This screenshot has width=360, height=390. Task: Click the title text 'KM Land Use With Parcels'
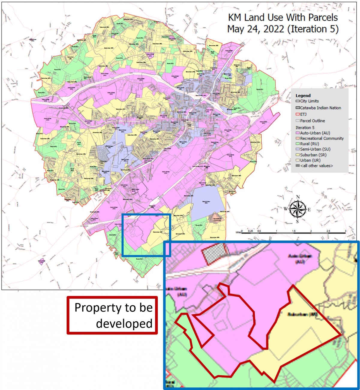pyautogui.click(x=283, y=17)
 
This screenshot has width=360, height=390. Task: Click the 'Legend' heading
pyautogui.click(x=303, y=95)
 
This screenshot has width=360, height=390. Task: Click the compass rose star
pyautogui.click(x=298, y=209)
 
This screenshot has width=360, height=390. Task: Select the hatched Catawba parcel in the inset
pyautogui.click(x=215, y=253)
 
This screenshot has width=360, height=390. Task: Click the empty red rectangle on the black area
pyautogui.click(x=112, y=315)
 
